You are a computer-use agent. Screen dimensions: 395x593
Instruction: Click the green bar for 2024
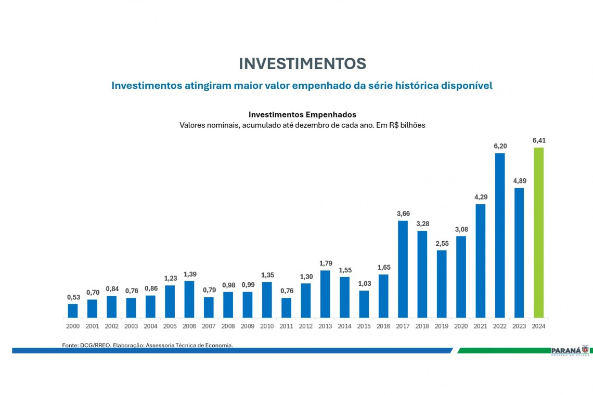click(x=538, y=233)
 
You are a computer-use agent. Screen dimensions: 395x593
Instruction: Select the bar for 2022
click(x=499, y=235)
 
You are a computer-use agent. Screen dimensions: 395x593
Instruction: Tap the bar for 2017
click(x=403, y=269)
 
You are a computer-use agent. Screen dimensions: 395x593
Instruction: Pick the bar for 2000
click(x=73, y=311)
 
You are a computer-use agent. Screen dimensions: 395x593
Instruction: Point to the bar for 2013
click(x=325, y=294)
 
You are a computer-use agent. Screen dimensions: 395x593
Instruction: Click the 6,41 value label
click(x=539, y=140)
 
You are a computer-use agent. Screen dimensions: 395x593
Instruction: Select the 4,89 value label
click(x=519, y=180)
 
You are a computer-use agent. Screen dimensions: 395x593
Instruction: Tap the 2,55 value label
click(x=442, y=243)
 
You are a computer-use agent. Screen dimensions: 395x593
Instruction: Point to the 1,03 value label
click(x=364, y=283)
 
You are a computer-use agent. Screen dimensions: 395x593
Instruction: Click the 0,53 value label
click(x=73, y=297)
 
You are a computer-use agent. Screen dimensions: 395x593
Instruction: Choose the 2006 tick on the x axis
click(x=189, y=326)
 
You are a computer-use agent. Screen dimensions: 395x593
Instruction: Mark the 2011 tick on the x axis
click(x=287, y=326)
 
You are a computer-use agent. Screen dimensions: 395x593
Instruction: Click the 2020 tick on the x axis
click(x=461, y=326)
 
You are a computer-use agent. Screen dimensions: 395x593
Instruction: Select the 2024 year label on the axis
click(x=538, y=326)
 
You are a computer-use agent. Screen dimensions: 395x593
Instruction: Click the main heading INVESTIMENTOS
click(x=302, y=63)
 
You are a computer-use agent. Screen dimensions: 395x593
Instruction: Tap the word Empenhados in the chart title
click(x=331, y=114)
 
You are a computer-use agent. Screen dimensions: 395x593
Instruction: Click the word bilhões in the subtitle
click(x=411, y=125)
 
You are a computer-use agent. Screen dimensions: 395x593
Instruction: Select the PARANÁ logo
click(x=569, y=351)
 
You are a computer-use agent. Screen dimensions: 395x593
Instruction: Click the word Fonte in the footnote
click(x=70, y=345)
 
